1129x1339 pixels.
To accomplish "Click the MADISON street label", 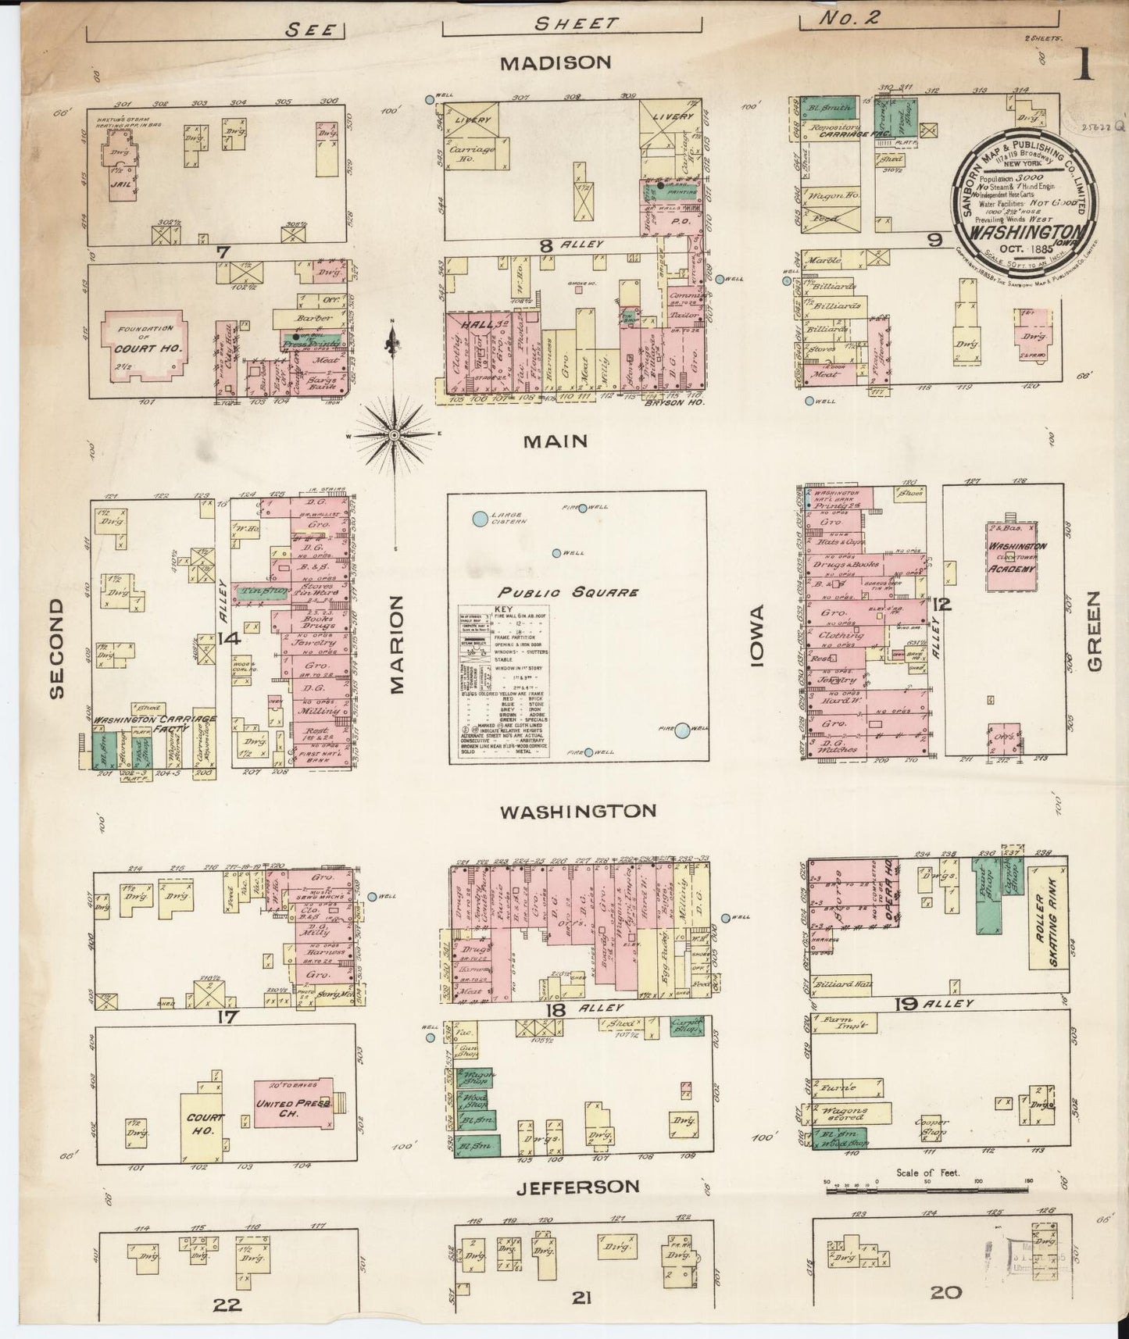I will [x=556, y=62].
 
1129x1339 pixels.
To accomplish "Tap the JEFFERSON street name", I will [x=577, y=1187].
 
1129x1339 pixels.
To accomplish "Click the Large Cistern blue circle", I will [x=479, y=518].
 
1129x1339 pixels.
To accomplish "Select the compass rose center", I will [x=395, y=434].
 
